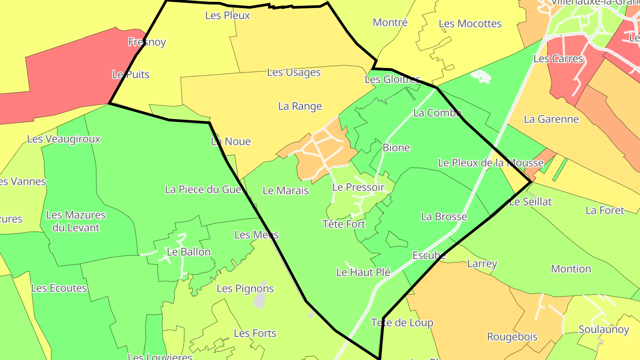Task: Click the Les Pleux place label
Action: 228,16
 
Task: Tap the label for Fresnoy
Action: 147,42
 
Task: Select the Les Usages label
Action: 294,72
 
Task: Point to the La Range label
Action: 300,106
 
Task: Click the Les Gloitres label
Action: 392,80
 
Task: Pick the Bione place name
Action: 396,148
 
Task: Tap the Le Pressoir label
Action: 358,188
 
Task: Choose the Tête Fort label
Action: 344,224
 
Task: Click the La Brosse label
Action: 444,216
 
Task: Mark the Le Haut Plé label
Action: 363,272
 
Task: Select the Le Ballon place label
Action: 188,252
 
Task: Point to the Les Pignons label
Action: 245,288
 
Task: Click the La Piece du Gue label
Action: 203,189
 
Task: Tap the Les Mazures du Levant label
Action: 76,221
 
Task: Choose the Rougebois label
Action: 512,337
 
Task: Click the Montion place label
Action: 571,269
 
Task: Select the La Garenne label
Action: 551,119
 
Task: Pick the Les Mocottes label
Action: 470,24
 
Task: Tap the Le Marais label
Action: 286,191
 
